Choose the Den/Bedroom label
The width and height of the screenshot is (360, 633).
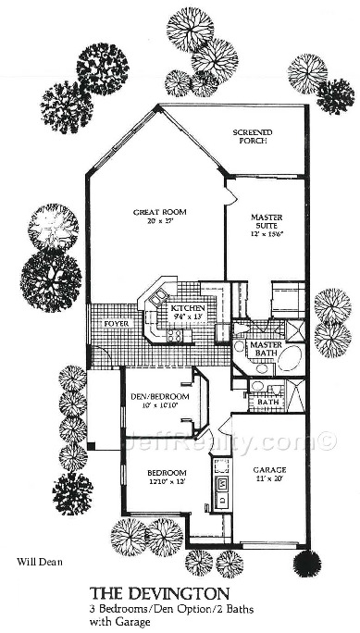(x=156, y=396)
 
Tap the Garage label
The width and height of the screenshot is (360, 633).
(x=269, y=469)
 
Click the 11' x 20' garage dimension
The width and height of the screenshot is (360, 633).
(x=270, y=479)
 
